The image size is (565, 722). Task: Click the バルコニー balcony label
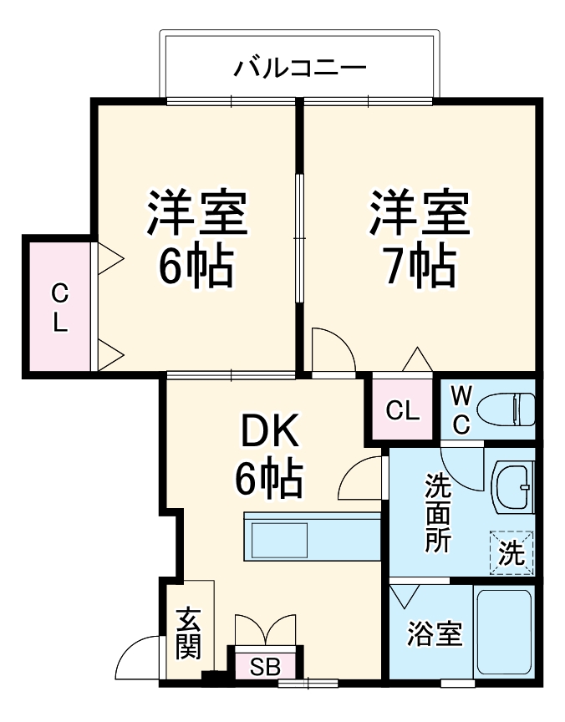tap(298, 66)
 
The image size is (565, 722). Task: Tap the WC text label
tap(461, 409)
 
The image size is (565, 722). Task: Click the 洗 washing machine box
tap(511, 553)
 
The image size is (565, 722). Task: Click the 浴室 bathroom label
tap(434, 634)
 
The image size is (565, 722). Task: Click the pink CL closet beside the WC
tap(402, 409)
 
